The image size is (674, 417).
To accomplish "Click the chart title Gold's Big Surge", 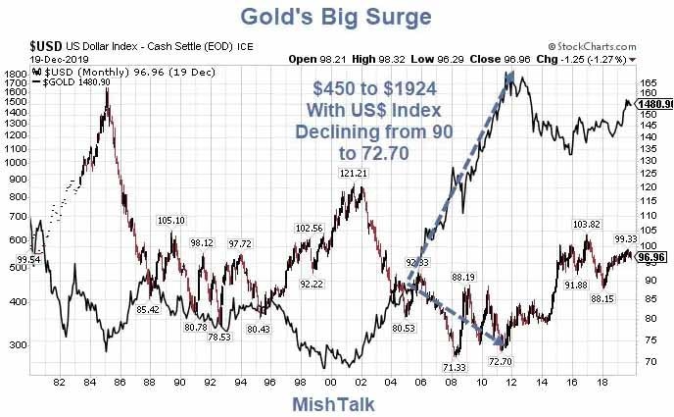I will [336, 17].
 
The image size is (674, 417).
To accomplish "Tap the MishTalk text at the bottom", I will [333, 403].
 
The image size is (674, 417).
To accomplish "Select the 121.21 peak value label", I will [355, 174].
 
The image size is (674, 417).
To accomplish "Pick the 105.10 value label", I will [171, 221].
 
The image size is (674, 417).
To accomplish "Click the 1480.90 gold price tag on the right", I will [652, 103].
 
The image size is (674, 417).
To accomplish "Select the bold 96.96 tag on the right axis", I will [651, 257].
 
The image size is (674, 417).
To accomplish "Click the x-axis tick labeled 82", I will [61, 382].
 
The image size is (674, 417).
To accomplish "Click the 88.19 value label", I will [463, 278].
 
